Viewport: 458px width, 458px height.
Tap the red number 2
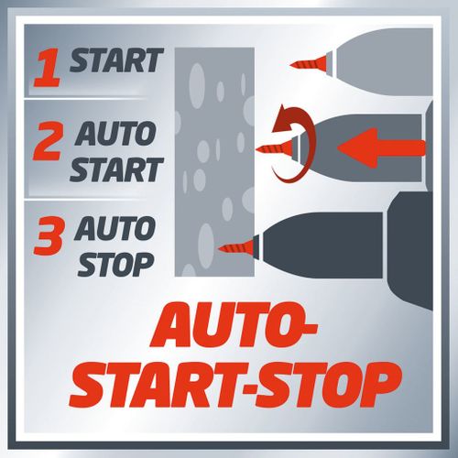click(48, 141)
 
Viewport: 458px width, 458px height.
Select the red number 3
click(48, 235)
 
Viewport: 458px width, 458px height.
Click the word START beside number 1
click(116, 60)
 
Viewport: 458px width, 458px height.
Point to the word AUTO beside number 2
click(115, 134)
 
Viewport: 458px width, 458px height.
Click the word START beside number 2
click(116, 169)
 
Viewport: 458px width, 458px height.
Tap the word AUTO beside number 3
click(114, 228)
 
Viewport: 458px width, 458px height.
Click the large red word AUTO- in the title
click(234, 325)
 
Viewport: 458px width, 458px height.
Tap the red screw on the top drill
click(309, 64)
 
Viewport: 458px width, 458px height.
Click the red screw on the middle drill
click(274, 149)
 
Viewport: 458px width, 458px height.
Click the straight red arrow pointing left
click(381, 147)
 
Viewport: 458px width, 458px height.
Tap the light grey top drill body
click(382, 64)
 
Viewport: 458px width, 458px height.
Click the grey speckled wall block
click(214, 162)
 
